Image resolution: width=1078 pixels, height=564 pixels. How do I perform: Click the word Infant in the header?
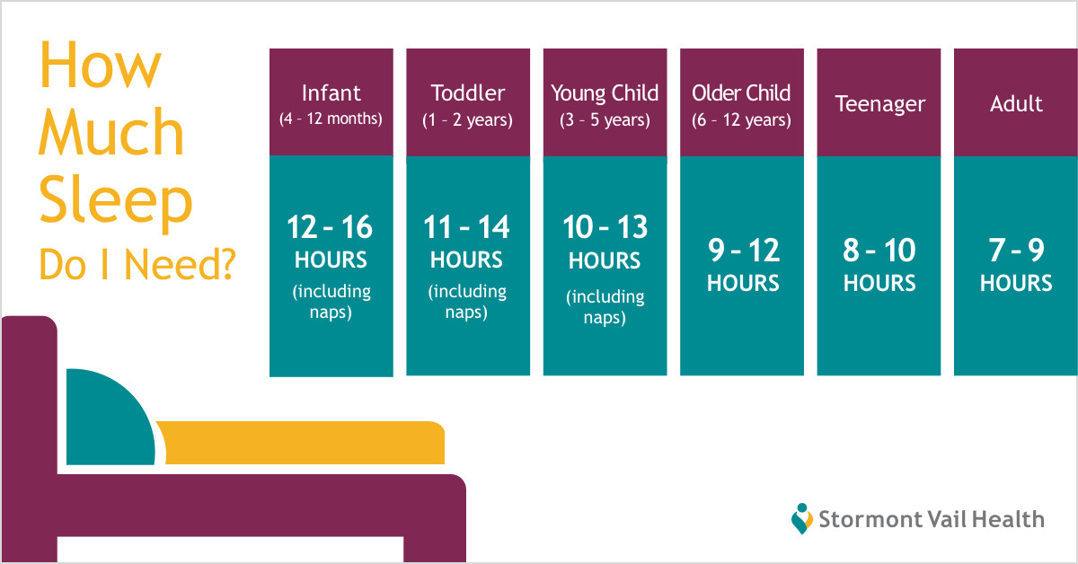click(331, 93)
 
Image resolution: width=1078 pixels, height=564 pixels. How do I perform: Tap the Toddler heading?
click(468, 93)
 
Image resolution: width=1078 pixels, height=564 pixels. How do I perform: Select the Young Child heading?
click(605, 93)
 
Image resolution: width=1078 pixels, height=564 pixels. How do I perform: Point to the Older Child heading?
click(741, 93)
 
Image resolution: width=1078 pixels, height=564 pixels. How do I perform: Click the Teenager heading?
click(879, 104)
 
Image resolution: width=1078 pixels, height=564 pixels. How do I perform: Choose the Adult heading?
click(1016, 103)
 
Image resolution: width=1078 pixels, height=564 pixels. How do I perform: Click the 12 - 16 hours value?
click(331, 226)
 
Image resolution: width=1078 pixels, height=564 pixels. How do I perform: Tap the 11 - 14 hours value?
click(466, 226)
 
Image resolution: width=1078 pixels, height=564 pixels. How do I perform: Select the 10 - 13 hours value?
click(605, 226)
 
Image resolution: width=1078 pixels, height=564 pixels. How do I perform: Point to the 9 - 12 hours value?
click(744, 251)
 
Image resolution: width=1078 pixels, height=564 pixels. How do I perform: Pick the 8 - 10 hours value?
click(879, 251)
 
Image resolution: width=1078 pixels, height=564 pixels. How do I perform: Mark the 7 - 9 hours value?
click(1016, 251)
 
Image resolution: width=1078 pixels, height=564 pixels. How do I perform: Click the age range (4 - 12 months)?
click(331, 119)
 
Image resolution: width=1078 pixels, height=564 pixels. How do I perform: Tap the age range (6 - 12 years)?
click(742, 119)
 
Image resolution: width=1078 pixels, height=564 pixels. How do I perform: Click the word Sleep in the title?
click(116, 202)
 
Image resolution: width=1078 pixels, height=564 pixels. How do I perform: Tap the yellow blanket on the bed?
click(304, 443)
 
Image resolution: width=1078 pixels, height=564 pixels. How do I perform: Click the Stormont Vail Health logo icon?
click(801, 518)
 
